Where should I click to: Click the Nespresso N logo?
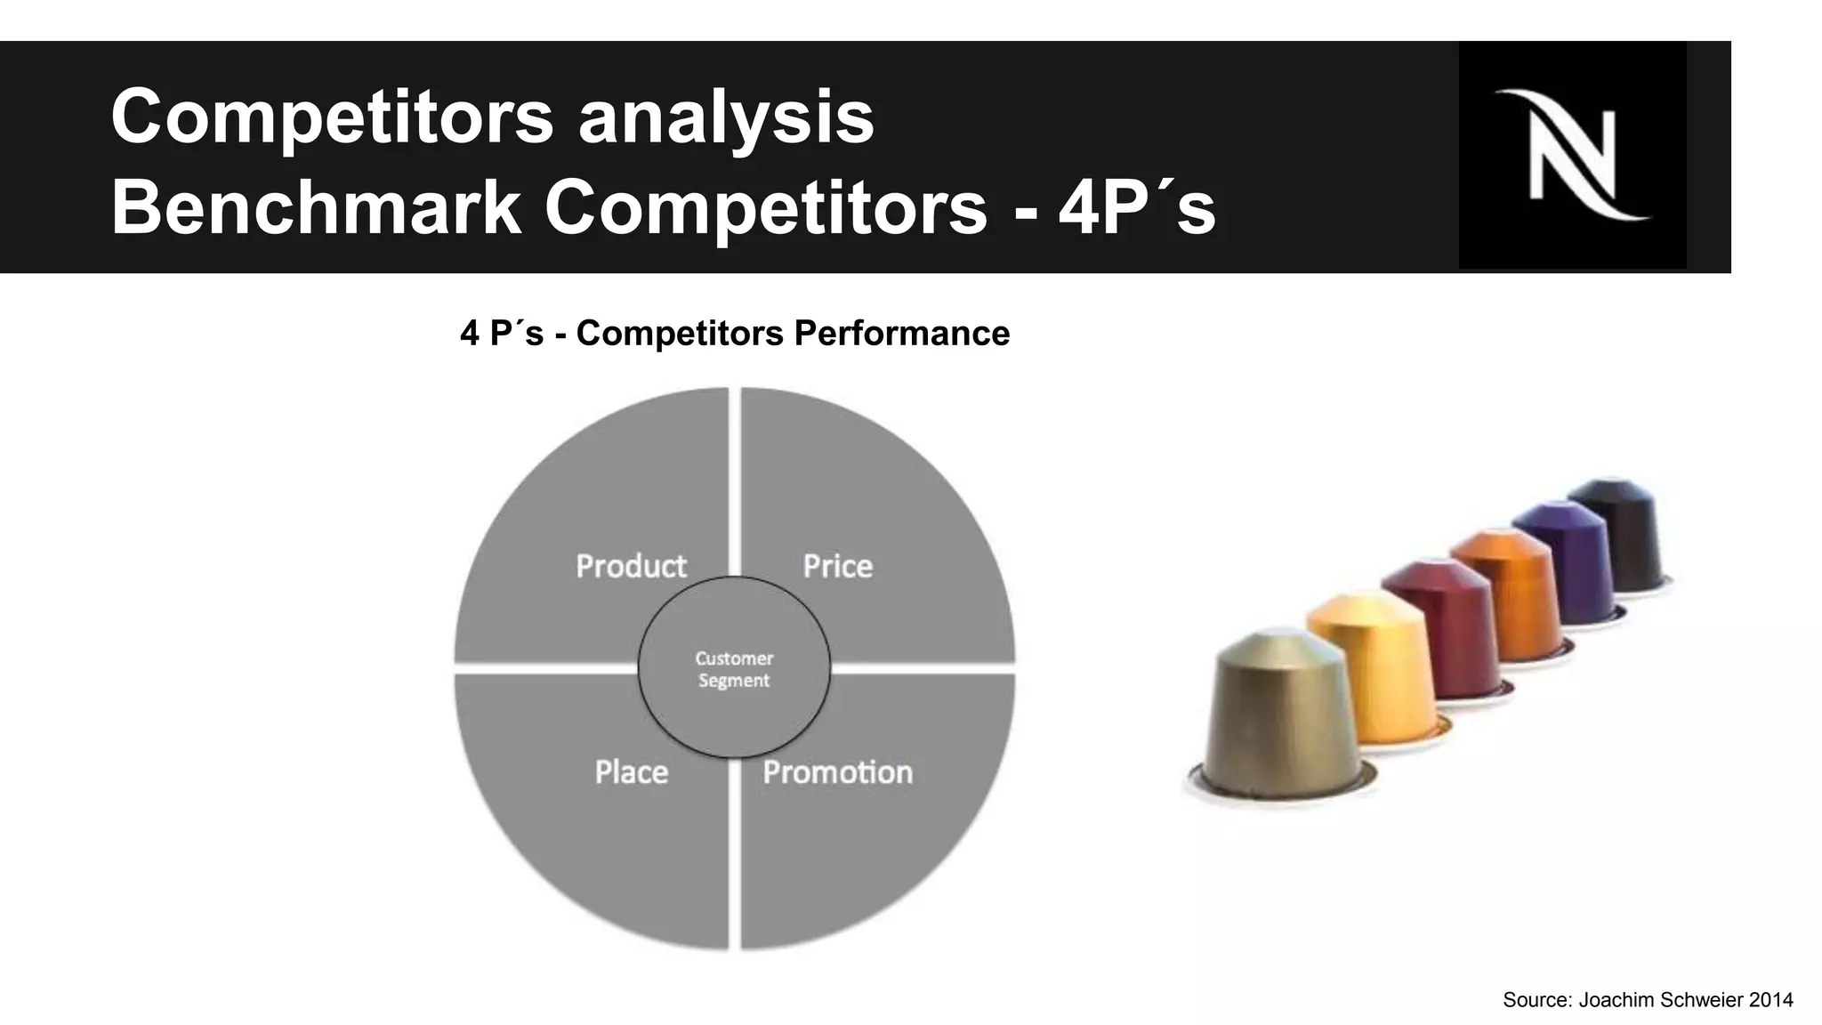(1572, 155)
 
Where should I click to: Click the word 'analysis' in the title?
(726, 117)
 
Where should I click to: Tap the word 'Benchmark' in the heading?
(316, 207)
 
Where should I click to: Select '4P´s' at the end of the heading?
(1136, 207)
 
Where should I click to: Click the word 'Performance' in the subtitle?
(901, 334)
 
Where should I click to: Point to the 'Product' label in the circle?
(631, 566)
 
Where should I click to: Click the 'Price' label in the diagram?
(837, 566)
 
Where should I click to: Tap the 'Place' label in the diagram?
(631, 771)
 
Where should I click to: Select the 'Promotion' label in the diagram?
(837, 771)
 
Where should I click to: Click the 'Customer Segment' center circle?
(734, 669)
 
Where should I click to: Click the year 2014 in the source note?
(1770, 1000)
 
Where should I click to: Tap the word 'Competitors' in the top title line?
(332, 117)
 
